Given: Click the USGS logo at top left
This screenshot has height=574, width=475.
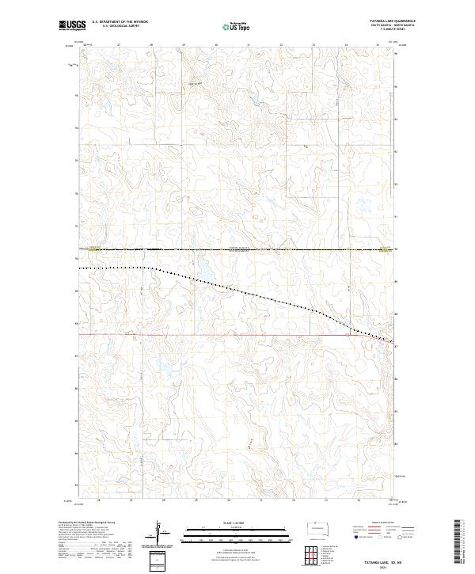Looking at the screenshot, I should (x=68, y=25).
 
